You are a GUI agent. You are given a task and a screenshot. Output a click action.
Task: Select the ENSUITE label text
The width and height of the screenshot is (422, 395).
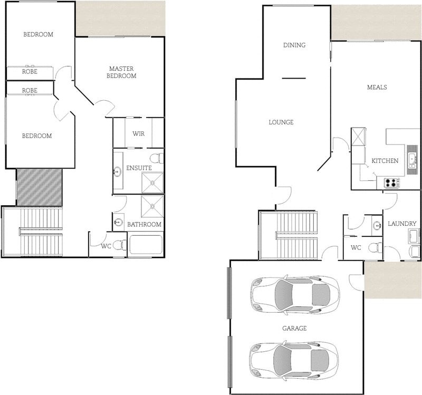tap(139, 168)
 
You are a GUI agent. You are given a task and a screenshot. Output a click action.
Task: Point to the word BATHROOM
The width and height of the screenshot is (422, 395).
tap(144, 225)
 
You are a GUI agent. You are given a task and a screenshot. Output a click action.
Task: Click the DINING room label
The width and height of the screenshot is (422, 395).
tap(294, 45)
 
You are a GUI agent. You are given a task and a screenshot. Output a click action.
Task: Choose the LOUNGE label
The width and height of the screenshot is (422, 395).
tap(281, 122)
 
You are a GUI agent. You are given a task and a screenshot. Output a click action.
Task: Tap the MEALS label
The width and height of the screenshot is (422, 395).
tap(377, 88)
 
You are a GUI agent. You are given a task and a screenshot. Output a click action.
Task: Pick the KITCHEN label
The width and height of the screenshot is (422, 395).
tap(385, 161)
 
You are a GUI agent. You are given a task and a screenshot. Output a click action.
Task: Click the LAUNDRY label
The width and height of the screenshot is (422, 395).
tap(402, 224)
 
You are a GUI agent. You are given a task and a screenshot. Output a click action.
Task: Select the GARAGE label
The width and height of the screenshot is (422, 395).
tap(294, 328)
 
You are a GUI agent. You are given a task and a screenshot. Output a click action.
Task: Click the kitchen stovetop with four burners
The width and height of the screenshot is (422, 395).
tap(391, 183)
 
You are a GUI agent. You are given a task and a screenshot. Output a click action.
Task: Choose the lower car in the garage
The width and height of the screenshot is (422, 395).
tap(293, 361)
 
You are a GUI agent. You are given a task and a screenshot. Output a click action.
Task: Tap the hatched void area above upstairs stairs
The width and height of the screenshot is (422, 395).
tap(40, 187)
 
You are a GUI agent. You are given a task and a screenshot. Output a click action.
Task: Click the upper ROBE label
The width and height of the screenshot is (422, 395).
tap(30, 72)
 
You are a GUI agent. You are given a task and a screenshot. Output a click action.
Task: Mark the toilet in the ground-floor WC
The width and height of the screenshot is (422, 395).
tap(375, 246)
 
